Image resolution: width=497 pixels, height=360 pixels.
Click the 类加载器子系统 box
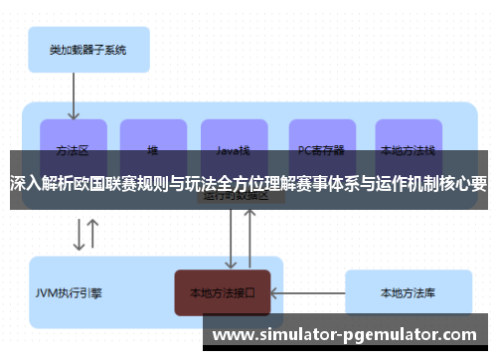pyautogui.click(x=85, y=49)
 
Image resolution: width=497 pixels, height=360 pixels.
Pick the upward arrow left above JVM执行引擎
pyautogui.click(x=93, y=235)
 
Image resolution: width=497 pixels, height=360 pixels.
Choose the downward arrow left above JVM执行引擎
pyautogui.click(x=78, y=235)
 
